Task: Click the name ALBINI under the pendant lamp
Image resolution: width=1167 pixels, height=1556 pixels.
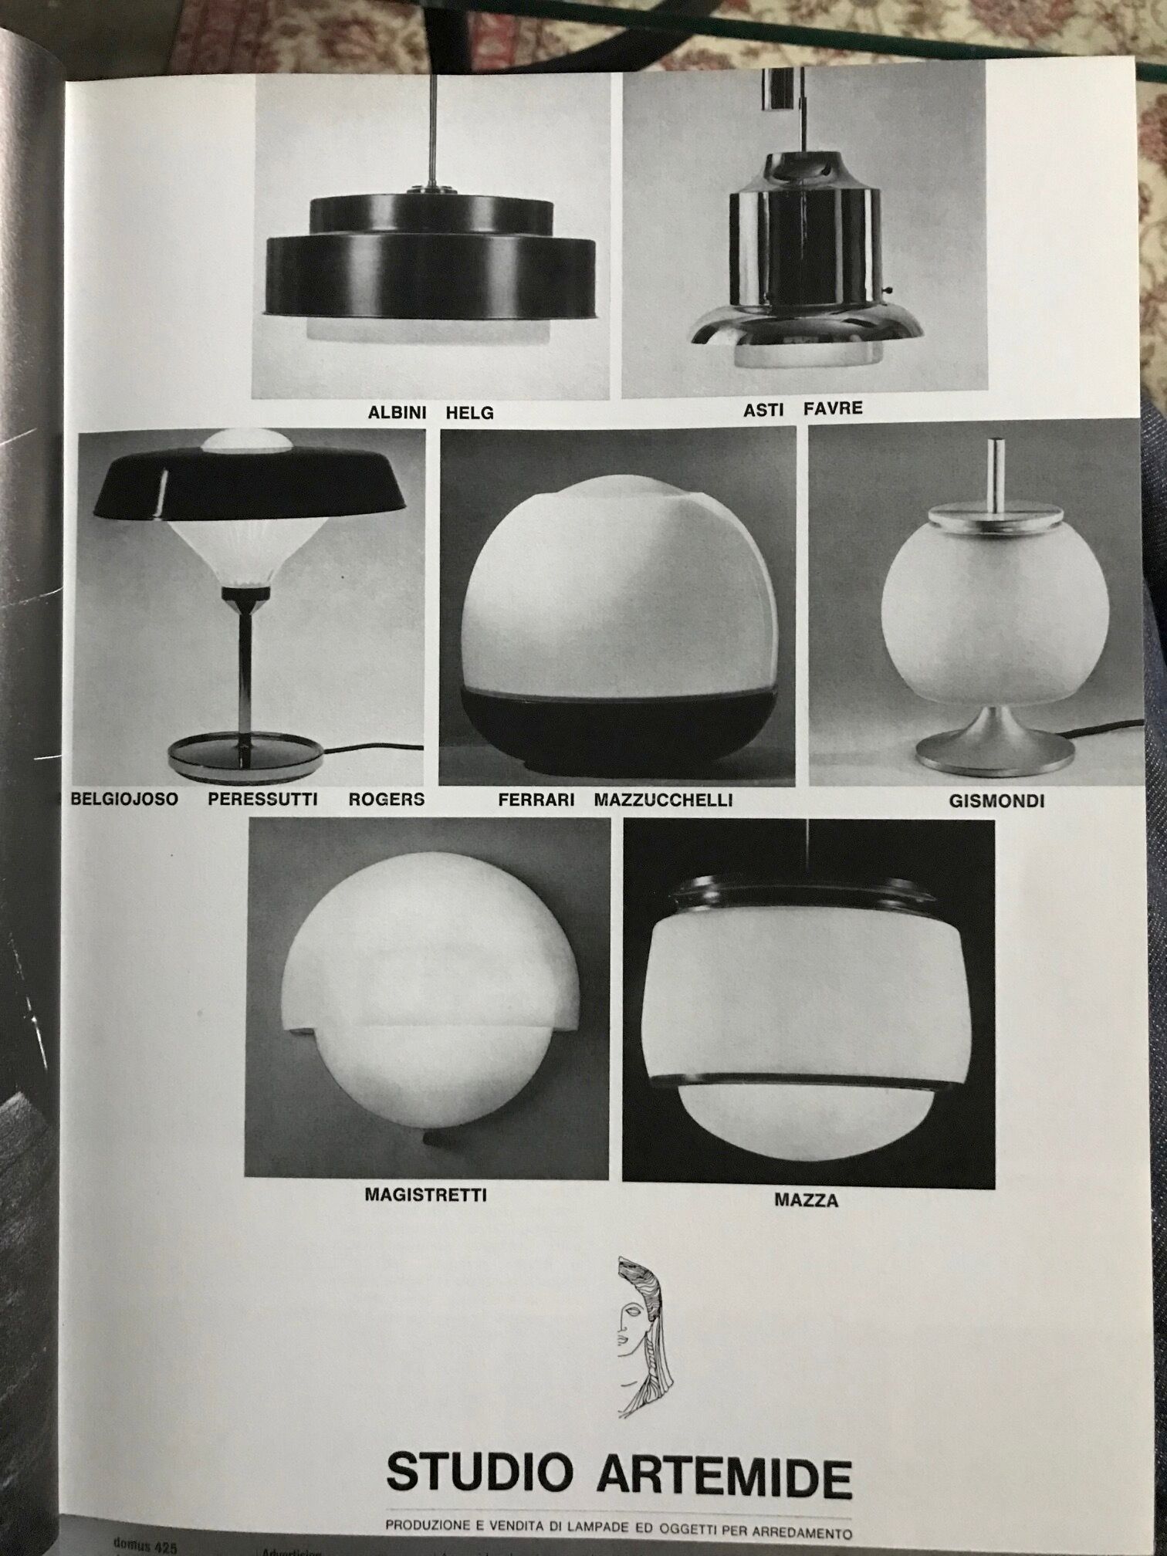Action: [397, 412]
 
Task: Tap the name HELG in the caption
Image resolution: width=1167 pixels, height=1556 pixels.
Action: [469, 413]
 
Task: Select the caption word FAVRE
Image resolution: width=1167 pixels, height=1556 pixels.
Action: [833, 408]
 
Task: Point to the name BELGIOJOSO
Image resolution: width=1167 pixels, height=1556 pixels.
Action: [123, 799]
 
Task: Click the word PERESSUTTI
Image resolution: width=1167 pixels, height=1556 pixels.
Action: [262, 799]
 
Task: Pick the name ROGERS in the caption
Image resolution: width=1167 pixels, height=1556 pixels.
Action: [386, 799]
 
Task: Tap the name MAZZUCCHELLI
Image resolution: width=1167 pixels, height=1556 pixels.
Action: [663, 800]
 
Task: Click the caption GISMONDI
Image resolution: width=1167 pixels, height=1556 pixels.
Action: [996, 801]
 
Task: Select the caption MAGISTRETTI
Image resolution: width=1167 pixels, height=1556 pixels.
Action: [425, 1196]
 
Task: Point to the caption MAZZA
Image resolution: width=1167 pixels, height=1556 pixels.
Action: [807, 1201]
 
